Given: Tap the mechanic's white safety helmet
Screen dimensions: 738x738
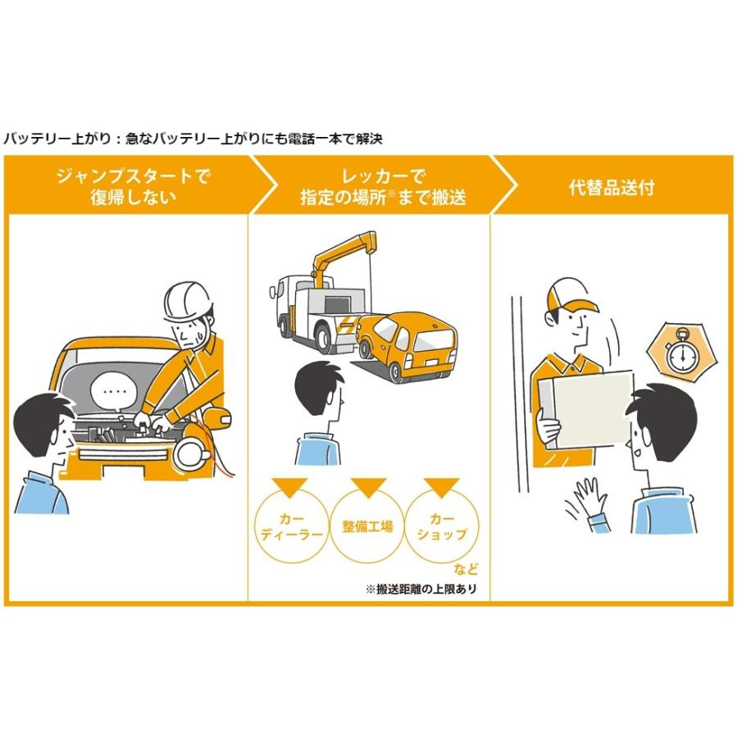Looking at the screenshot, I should coord(188,302).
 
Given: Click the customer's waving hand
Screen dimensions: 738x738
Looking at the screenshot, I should coord(587,499).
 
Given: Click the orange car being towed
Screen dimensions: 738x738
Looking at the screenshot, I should coord(407,344).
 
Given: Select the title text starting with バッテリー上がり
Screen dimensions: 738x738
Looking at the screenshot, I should coord(193,139).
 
